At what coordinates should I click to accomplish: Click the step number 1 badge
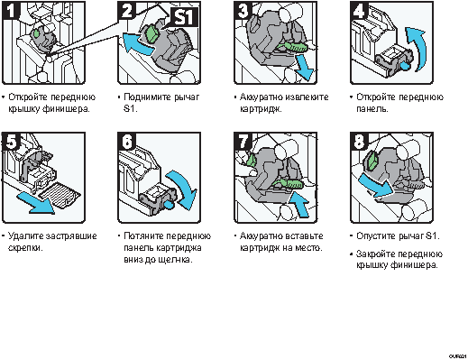(11, 10)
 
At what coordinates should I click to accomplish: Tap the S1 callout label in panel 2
(184, 16)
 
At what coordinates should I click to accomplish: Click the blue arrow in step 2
(137, 44)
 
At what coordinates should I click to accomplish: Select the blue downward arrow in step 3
(304, 68)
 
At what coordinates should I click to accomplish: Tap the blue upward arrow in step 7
(299, 205)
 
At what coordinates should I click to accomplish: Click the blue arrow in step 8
(376, 186)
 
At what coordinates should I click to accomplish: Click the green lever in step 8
(372, 160)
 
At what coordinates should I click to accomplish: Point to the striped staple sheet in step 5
(60, 194)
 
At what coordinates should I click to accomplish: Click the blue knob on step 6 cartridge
(170, 206)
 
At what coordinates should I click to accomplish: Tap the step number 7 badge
(243, 141)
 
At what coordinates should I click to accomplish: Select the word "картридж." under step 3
(261, 108)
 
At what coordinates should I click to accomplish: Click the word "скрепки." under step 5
(25, 248)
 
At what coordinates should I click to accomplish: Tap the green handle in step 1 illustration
(36, 33)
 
